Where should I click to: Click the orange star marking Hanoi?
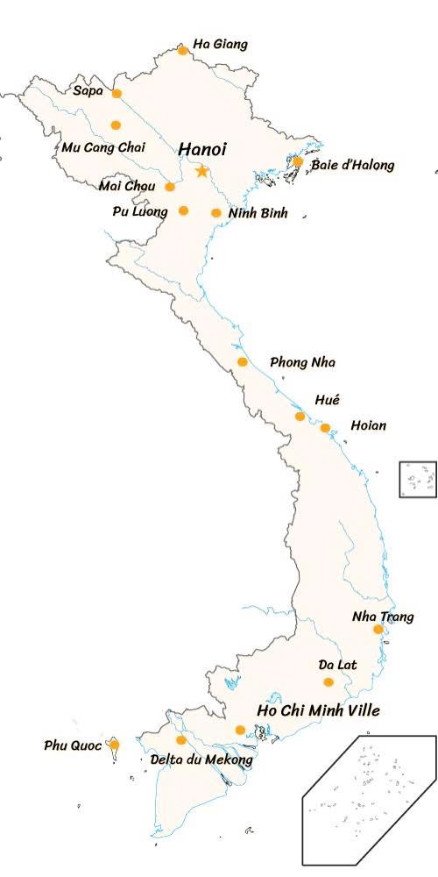[202, 170]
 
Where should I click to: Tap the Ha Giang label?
[220, 44]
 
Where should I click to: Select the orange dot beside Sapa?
[117, 93]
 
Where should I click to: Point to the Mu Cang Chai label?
[103, 146]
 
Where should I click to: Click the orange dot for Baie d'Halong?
[298, 161]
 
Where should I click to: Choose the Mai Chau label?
[127, 186]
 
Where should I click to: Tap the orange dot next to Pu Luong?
[183, 210]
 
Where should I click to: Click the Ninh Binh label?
[258, 212]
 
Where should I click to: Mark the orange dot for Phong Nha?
[243, 362]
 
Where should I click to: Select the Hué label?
[327, 400]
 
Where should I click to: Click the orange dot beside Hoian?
[325, 428]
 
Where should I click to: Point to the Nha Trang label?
[383, 617]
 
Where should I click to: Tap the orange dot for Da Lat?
[328, 681]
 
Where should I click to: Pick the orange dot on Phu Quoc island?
[114, 745]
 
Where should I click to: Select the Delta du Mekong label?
[201, 759]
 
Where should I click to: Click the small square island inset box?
[418, 480]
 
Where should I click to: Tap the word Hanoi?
[202, 149]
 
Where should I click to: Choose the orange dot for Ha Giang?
[182, 50]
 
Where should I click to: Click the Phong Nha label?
[302, 362]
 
